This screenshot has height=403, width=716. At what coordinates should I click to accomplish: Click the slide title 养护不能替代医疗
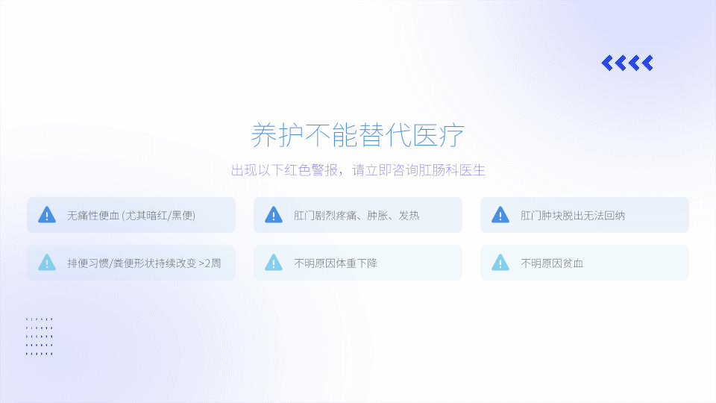tap(357, 135)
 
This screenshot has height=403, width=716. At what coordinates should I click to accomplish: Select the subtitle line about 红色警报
tap(358, 170)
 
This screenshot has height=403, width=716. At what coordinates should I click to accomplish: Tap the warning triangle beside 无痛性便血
tap(46, 215)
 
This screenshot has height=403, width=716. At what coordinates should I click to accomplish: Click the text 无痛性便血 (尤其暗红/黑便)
tap(131, 215)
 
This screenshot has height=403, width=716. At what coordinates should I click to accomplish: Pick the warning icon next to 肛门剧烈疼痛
tap(274, 215)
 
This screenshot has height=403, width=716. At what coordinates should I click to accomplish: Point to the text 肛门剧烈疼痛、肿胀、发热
tap(357, 215)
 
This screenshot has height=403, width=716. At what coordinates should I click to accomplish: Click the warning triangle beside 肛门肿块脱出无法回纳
tap(500, 215)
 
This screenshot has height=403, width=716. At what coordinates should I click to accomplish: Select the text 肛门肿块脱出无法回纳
tap(573, 215)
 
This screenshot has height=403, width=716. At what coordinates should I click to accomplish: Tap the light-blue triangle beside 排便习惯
tap(46, 263)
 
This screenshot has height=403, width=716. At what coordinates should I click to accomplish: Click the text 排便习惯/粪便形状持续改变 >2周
tap(144, 263)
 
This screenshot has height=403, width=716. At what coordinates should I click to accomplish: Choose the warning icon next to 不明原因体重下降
tap(274, 263)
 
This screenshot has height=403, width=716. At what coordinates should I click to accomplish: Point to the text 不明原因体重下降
tap(336, 263)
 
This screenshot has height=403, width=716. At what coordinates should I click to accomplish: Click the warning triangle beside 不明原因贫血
tap(500, 263)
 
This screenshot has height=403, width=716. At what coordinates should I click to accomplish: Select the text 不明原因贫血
tap(552, 263)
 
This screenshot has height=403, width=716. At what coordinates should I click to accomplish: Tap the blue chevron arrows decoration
tap(627, 63)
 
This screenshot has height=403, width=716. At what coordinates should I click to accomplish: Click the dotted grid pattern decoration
tap(40, 337)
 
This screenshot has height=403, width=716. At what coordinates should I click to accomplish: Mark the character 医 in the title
tap(424, 135)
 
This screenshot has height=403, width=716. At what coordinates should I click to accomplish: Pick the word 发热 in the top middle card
tap(409, 215)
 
